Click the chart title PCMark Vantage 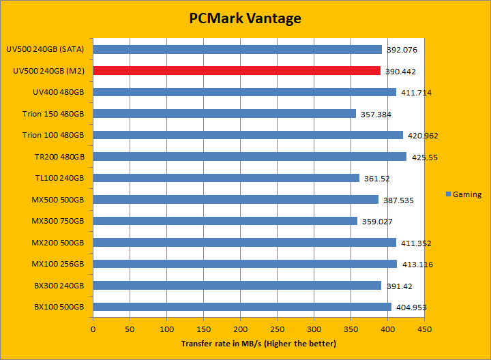[x=245, y=18]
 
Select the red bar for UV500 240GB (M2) [x=237, y=70]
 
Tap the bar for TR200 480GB [x=250, y=157]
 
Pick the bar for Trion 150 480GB [x=224, y=114]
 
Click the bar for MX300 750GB [x=225, y=221]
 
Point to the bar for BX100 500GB [x=242, y=307]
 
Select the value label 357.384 [x=375, y=115]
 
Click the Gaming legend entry [x=463, y=194]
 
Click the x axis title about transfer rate [x=258, y=344]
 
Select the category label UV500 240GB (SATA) [x=45, y=49]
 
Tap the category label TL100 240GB [x=58, y=178]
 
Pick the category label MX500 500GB [x=57, y=200]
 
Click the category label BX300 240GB [x=59, y=286]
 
